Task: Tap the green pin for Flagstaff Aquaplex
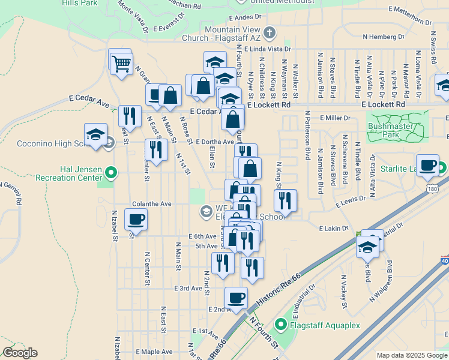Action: click(280, 326)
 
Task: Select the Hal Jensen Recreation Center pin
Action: click(111, 174)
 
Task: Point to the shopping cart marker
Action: click(121, 62)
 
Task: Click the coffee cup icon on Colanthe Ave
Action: click(136, 220)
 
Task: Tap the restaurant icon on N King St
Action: click(285, 200)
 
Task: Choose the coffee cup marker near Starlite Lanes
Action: click(427, 165)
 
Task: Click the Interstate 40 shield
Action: click(445, 260)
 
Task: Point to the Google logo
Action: click(20, 353)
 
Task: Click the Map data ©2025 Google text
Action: click(411, 355)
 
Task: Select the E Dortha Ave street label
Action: click(214, 142)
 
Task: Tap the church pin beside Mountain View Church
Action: click(270, 34)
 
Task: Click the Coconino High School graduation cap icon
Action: click(95, 135)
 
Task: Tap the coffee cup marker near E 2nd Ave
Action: click(236, 298)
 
